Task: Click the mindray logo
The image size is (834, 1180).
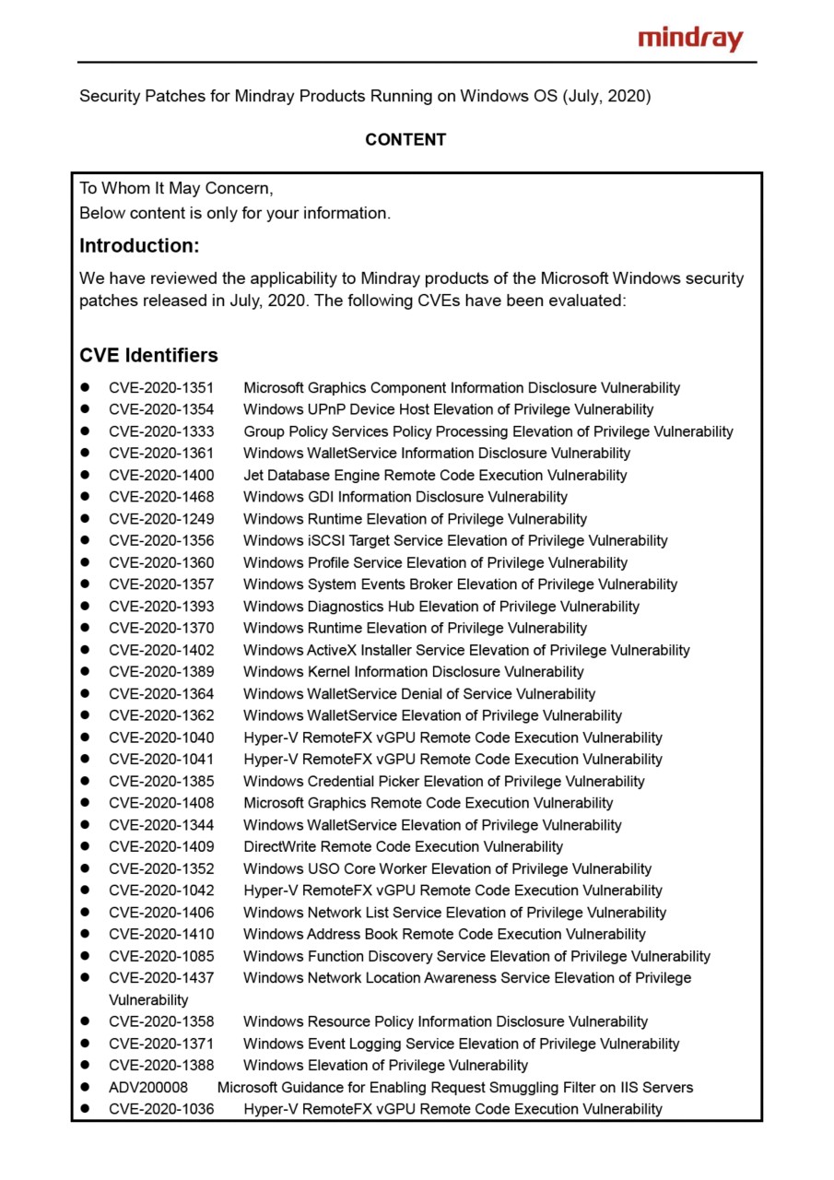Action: pyautogui.click(x=690, y=39)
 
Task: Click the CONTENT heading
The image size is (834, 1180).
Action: pyautogui.click(x=405, y=140)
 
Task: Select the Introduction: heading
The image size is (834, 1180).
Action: pyautogui.click(x=139, y=246)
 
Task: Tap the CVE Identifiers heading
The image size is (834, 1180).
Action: pyautogui.click(x=148, y=355)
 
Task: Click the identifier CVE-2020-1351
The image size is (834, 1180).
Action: pyautogui.click(x=161, y=388)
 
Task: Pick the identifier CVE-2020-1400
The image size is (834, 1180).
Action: pyautogui.click(x=161, y=476)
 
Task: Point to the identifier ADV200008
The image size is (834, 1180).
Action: pyautogui.click(x=148, y=1088)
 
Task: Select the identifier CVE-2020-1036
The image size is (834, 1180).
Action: pyautogui.click(x=161, y=1109)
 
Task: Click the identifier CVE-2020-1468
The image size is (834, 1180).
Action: pyautogui.click(x=161, y=497)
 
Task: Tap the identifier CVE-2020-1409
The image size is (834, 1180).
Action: pyautogui.click(x=161, y=846)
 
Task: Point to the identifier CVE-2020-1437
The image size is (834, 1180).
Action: pyautogui.click(x=161, y=978)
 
